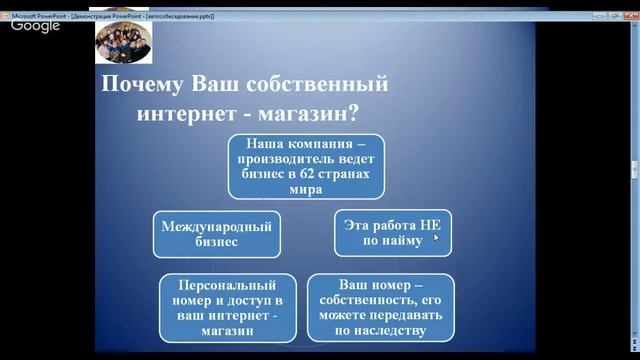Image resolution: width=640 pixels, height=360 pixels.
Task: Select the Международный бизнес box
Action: tap(215, 233)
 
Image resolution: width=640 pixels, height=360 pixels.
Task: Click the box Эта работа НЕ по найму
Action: tap(392, 233)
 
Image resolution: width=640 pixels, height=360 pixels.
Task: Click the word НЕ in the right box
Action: tap(429, 225)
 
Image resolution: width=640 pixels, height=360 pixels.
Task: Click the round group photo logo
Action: tap(123, 42)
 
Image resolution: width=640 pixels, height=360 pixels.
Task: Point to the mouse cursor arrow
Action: tap(436, 238)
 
